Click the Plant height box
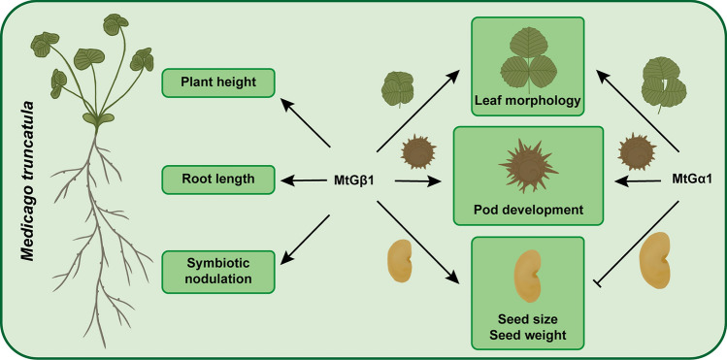pyautogui.click(x=218, y=82)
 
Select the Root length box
pyautogui.click(x=218, y=180)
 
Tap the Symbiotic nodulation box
pyautogui.click(x=218, y=272)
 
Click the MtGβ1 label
pyautogui.click(x=353, y=180)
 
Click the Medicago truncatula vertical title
pyautogui.click(x=28, y=181)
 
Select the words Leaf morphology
pyautogui.click(x=528, y=101)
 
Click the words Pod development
pyautogui.click(x=528, y=210)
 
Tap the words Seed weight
pyautogui.click(x=528, y=334)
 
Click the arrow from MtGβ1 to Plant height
pyautogui.click(x=306, y=123)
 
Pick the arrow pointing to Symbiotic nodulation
pyautogui.click(x=305, y=240)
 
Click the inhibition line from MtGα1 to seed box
pyautogui.click(x=637, y=244)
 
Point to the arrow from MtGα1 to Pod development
pyautogui.click(x=638, y=180)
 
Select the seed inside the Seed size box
pyautogui.click(x=528, y=276)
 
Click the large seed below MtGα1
pyautogui.click(x=654, y=261)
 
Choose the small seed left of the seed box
pyautogui.click(x=400, y=261)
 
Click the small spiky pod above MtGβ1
pyautogui.click(x=418, y=152)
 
